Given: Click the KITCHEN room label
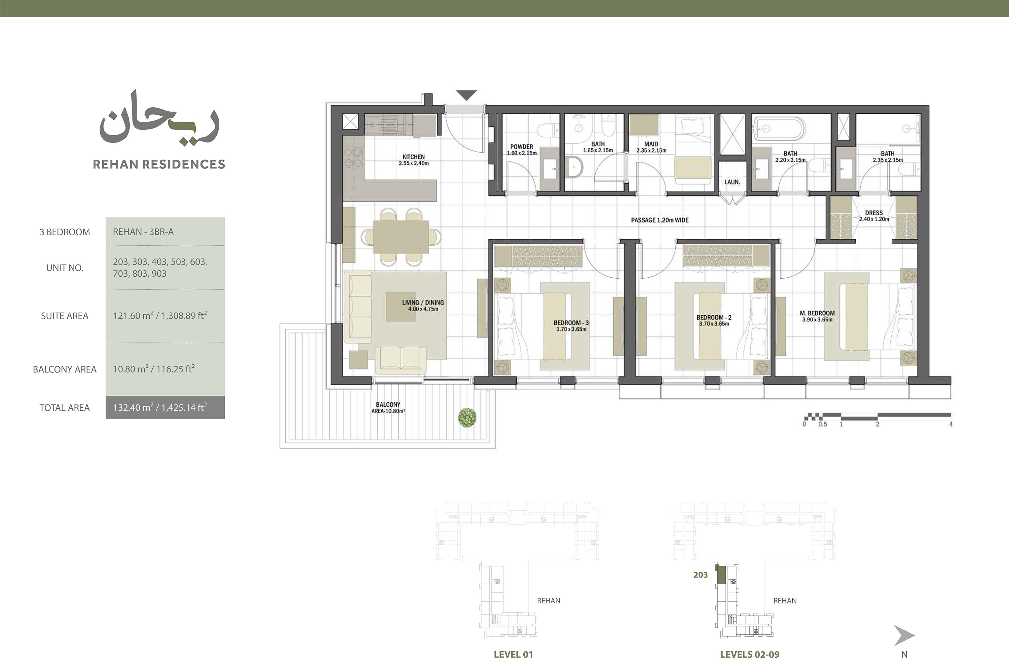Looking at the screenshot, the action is (x=413, y=157).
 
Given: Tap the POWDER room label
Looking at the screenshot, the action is (x=521, y=147).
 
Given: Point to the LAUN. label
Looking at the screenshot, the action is (x=732, y=182).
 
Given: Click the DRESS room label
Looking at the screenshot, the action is (x=874, y=212).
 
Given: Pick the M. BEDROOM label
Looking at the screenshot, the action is (x=817, y=313).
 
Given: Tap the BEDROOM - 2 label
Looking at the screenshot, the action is (x=714, y=318).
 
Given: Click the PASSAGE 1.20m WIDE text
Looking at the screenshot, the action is (x=660, y=220).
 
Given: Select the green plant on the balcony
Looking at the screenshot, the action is (x=467, y=417).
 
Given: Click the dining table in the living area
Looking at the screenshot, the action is (x=401, y=237).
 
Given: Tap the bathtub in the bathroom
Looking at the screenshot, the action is (x=778, y=128).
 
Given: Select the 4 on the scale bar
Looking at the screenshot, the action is (x=951, y=424).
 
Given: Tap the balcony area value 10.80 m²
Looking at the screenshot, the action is (x=131, y=369).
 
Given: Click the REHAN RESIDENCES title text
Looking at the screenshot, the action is (x=159, y=164).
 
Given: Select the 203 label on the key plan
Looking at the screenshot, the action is (x=700, y=575).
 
